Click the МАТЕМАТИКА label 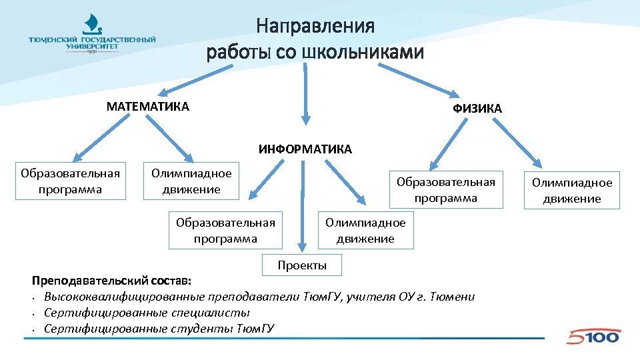tap(148, 107)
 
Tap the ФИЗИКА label tap(477, 109)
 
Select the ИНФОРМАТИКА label tap(305, 149)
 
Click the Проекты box tap(302, 265)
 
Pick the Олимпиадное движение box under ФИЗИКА tap(571, 191)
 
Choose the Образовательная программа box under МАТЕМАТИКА tap(70, 181)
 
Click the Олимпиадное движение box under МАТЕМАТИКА tap(191, 181)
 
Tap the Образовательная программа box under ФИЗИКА tap(446, 190)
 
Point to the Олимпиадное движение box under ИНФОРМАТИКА tap(365, 231)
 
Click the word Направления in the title tap(315, 27)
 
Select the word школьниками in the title tap(363, 52)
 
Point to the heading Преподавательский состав tap(112, 281)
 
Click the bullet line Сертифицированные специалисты tap(147, 313)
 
